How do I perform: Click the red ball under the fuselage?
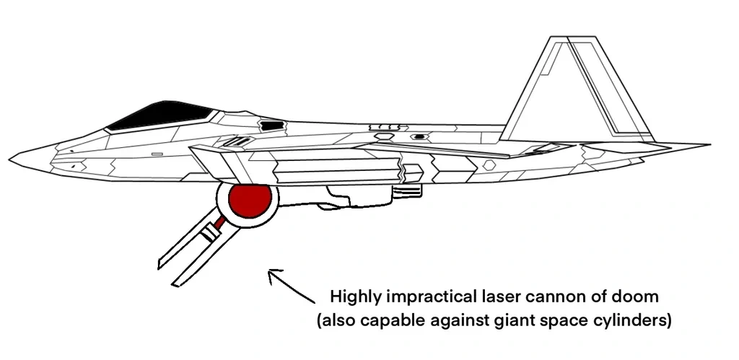click(x=250, y=201)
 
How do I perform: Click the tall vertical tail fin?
click(x=577, y=89)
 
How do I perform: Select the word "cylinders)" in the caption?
click(x=632, y=321)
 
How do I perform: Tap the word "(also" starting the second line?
click(x=335, y=321)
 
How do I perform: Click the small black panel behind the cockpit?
click(x=272, y=126)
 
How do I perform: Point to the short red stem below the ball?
click(x=219, y=221)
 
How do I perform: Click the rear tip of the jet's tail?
click(x=710, y=145)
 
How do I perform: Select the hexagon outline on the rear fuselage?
click(x=490, y=165)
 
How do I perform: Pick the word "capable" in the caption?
click(x=391, y=322)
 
